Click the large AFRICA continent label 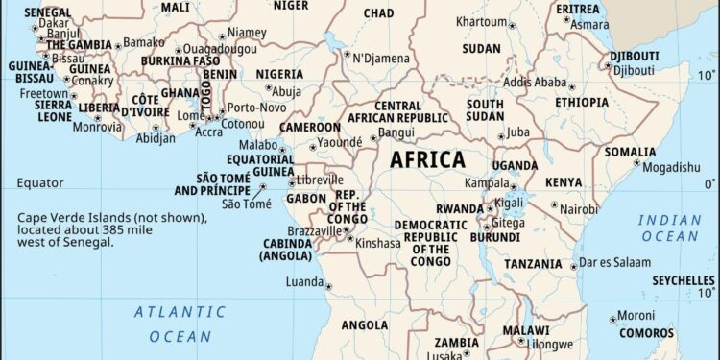click(x=427, y=160)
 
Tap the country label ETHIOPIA click(x=582, y=102)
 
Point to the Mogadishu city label click(x=672, y=167)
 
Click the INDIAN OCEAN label click(x=670, y=228)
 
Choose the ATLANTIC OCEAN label click(x=180, y=324)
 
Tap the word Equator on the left click(x=40, y=182)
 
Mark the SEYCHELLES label click(x=684, y=281)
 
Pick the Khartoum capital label click(x=481, y=21)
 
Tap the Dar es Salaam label click(x=615, y=262)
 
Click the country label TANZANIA click(x=533, y=264)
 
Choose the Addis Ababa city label click(x=535, y=83)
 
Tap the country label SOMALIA click(x=658, y=152)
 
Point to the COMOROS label click(x=646, y=333)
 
